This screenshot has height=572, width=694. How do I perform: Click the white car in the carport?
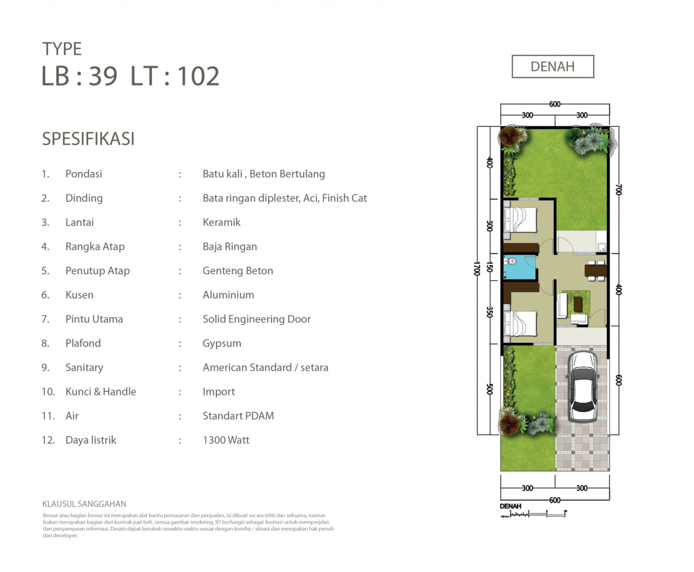pos(582,387)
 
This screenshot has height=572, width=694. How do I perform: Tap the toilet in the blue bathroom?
pos(510,261)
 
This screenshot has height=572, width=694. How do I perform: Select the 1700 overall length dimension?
pos(477,269)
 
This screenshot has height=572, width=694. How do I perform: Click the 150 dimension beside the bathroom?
pos(489,267)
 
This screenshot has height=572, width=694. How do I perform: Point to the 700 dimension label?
pos(618,190)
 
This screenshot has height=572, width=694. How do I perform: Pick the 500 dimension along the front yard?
pos(489,389)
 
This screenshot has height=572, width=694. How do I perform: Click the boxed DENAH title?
pos(553,67)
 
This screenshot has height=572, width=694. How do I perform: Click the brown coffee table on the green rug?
pos(578,305)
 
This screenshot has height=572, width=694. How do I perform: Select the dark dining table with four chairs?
pos(595,270)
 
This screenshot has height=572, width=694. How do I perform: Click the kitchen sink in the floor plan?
pos(601,247)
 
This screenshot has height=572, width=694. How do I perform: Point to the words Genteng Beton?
pos(238,271)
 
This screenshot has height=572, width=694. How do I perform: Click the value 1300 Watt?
pos(226,440)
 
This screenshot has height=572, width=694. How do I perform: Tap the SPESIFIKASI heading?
pos(88,139)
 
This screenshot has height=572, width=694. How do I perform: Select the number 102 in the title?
pos(198,76)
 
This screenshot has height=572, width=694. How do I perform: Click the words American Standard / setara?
pos(266,367)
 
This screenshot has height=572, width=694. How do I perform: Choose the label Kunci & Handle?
pos(101,392)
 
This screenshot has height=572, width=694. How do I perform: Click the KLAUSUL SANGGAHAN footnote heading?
pos(84,504)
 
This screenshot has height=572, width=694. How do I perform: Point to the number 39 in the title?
pos(103,76)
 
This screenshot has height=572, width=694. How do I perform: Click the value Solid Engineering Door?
pos(257,319)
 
